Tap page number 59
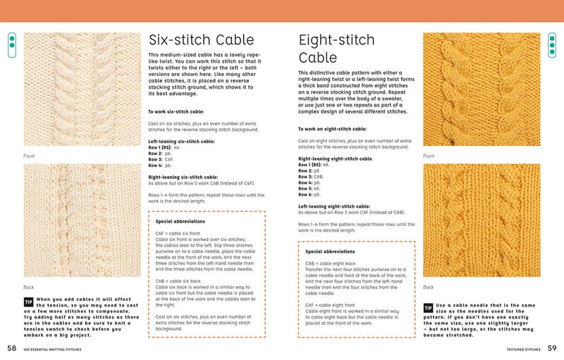pyautogui.click(x=552, y=347)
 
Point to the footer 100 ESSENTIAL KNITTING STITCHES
pyautogui.click(x=53, y=349)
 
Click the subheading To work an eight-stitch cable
pyautogui.click(x=332, y=129)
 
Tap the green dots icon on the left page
pyautogui.click(x=11, y=45)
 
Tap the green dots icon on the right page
pyautogui.click(x=552, y=45)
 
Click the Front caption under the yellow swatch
pyautogui.click(x=429, y=155)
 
